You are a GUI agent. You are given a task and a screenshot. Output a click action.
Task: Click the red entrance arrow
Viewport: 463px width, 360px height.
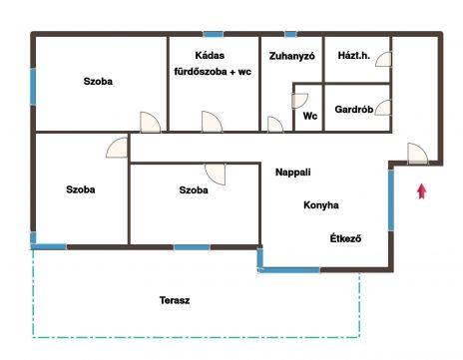[422, 191]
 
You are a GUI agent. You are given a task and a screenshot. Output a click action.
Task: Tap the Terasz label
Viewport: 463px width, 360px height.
[175, 300]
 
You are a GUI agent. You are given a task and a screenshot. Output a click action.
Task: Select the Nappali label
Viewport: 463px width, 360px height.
[293, 173]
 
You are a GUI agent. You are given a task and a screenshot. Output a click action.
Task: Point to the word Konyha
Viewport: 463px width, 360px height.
[321, 205]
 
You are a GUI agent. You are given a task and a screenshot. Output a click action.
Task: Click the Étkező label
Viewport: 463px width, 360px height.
[345, 238]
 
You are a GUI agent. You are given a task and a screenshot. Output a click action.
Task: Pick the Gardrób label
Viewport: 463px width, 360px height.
[354, 110]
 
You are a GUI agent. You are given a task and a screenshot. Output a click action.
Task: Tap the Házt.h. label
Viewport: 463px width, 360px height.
[354, 56]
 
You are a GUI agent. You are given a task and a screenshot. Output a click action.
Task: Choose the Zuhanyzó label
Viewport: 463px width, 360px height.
[291, 56]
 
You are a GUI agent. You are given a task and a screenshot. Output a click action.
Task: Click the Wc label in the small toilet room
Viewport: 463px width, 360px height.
[310, 116]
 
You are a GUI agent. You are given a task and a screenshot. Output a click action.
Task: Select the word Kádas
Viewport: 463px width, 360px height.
[210, 55]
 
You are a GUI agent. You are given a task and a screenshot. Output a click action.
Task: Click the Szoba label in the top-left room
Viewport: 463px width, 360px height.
[98, 81]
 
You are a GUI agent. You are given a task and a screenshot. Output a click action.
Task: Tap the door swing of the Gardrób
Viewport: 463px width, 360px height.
[383, 108]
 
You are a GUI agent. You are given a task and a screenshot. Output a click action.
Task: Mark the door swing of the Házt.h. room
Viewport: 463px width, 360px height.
[384, 59]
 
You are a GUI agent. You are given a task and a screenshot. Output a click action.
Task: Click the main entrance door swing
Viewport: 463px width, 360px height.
[418, 154]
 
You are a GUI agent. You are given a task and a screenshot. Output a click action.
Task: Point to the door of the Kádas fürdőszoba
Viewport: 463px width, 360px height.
[212, 122]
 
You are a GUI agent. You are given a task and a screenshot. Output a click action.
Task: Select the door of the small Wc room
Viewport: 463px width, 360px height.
[299, 101]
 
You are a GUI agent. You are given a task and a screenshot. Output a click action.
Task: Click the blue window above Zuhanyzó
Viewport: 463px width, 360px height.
[290, 34]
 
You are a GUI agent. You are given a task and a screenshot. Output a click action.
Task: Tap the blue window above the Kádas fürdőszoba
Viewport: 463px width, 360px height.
[214, 34]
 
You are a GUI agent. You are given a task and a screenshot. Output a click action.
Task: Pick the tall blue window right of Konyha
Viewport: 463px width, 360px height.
[391, 200]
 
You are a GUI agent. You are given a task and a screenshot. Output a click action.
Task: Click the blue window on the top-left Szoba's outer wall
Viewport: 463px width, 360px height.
[33, 87]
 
